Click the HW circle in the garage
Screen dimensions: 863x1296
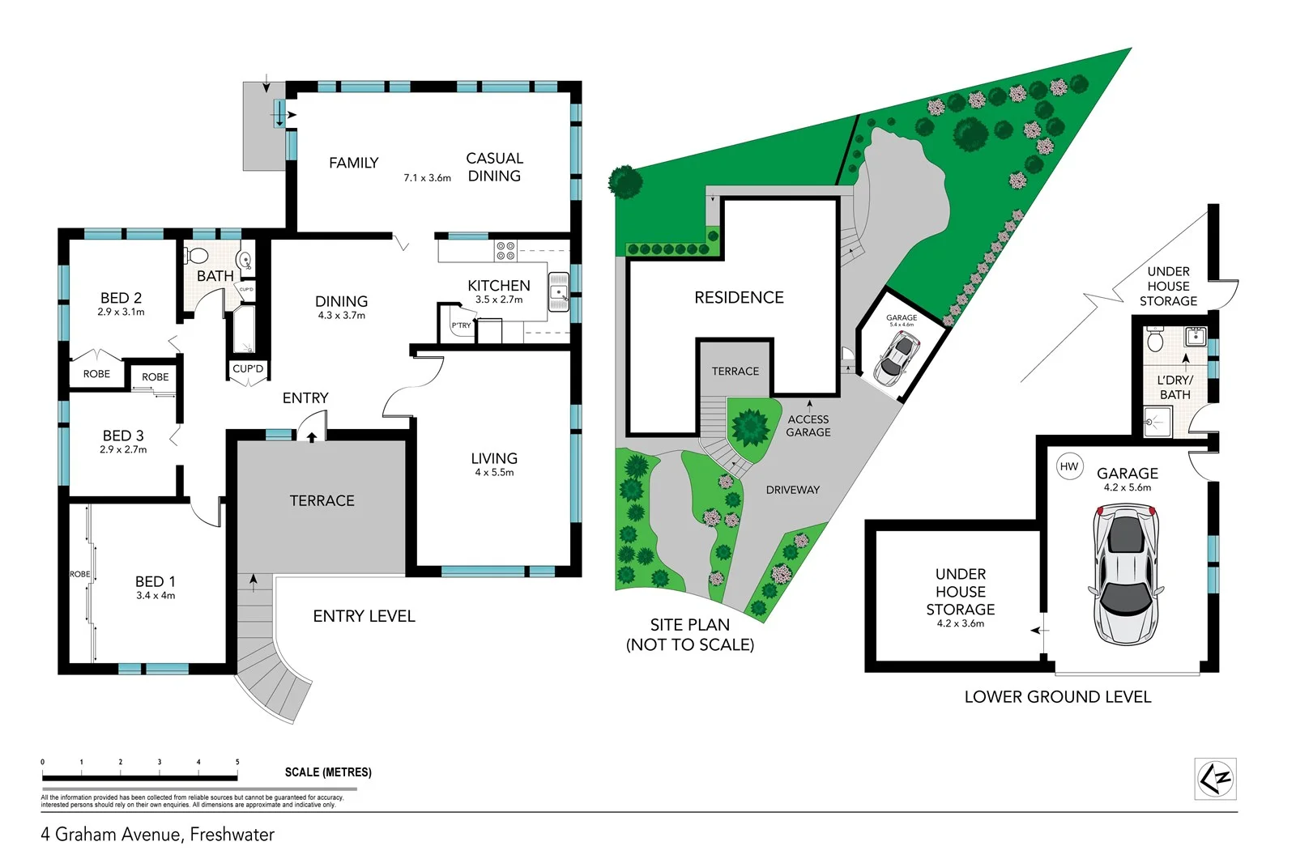pos(1069,466)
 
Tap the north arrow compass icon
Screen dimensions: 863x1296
pos(1216,779)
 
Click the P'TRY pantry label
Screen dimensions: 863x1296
pos(461,325)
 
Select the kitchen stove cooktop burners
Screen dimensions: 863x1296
pos(505,250)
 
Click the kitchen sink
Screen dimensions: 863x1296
pos(559,291)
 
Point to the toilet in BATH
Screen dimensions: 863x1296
pos(196,256)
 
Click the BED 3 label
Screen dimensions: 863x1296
pos(123,436)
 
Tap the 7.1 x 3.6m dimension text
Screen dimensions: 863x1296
pos(427,178)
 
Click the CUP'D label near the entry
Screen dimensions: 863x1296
pos(248,369)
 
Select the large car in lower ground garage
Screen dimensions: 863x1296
pos(1126,573)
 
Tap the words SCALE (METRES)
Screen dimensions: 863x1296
pos(328,772)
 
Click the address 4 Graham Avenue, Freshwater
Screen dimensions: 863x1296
pos(158,835)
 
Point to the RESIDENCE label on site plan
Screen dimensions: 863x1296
pos(739,298)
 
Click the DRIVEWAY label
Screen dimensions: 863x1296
pos(792,490)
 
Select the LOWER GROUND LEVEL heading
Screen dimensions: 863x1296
pos(1057,697)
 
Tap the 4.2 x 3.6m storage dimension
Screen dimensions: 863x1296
pos(960,623)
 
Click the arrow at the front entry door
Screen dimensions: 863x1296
pos(312,436)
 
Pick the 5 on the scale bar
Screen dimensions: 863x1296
pos(237,762)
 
